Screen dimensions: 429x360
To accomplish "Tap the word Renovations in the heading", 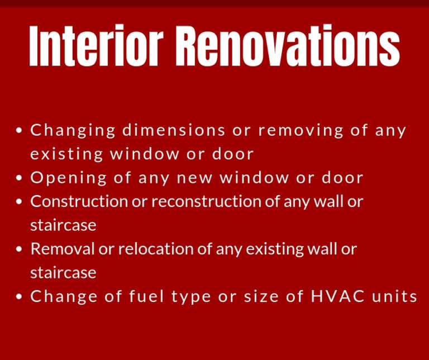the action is tap(288, 45).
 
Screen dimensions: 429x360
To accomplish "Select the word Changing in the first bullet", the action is tap(73, 131).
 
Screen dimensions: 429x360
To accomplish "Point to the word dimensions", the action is tap(174, 130).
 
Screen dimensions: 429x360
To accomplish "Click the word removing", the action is tap(301, 131).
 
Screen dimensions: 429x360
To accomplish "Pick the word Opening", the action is tap(68, 178).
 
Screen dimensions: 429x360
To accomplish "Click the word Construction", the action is tap(79, 201).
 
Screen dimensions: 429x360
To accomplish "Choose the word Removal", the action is tap(62, 249).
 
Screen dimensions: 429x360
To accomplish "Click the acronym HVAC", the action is tap(337, 296).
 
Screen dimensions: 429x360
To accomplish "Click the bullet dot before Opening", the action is tap(19, 178).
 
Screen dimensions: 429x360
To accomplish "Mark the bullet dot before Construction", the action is tap(19, 202).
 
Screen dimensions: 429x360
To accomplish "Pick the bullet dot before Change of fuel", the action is tap(19, 297).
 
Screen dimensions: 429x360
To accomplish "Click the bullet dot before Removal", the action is tap(19, 249).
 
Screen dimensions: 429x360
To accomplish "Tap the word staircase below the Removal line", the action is tap(63, 273).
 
